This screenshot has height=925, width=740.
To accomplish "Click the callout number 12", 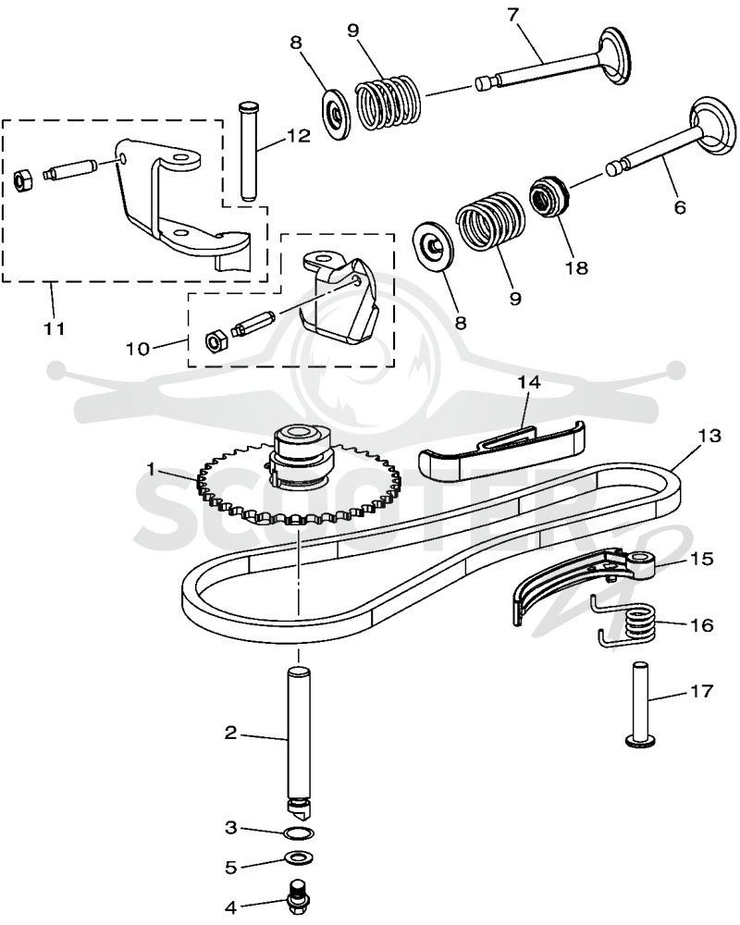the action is [x=299, y=136].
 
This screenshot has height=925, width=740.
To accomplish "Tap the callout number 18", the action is [x=576, y=268].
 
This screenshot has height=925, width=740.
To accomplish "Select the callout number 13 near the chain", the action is [x=709, y=436].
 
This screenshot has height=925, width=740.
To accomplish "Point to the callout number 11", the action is [x=55, y=328].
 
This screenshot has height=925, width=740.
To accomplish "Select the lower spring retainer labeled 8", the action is [x=433, y=245].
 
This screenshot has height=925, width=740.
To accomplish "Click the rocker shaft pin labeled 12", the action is [x=248, y=153].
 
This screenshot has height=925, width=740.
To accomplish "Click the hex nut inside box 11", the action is [x=24, y=180].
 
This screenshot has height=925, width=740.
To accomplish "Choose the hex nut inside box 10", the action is [x=214, y=340].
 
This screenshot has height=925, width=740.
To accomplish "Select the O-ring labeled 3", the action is [x=299, y=833].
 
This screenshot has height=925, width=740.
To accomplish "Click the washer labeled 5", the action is [x=299, y=857].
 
